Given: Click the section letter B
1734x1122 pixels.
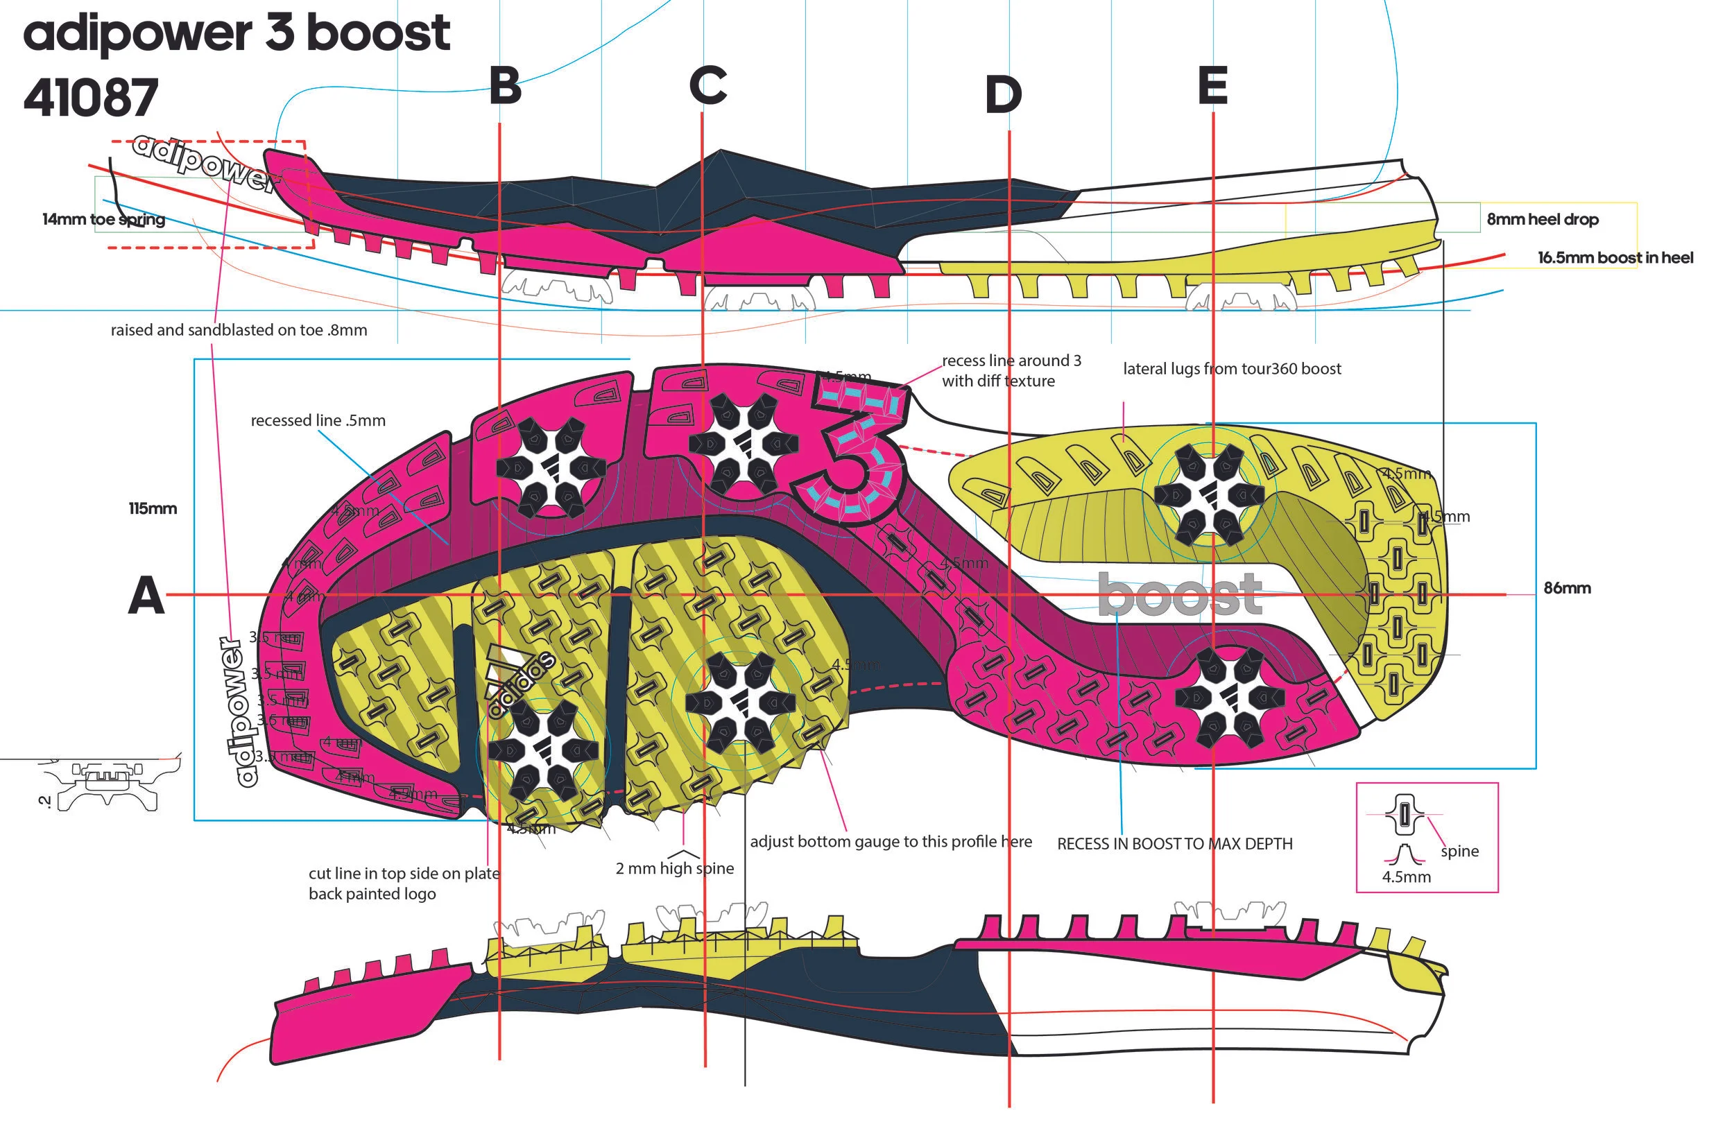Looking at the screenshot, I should pyautogui.click(x=505, y=86).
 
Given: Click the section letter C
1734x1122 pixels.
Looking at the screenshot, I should pyautogui.click(x=707, y=85).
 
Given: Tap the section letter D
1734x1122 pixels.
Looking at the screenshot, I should pyautogui.click(x=1003, y=95).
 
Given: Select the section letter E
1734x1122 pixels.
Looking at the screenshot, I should pyautogui.click(x=1212, y=85).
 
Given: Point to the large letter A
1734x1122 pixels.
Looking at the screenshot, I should pyautogui.click(x=146, y=595).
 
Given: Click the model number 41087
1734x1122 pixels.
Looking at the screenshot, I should pyautogui.click(x=91, y=98).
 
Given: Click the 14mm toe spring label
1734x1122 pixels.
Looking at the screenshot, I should pyautogui.click(x=103, y=219).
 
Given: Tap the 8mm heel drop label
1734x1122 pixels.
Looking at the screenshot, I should pyautogui.click(x=1543, y=219).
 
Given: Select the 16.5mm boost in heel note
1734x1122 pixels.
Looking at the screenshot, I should pyautogui.click(x=1615, y=258).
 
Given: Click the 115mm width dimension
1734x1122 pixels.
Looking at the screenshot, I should pyautogui.click(x=153, y=508).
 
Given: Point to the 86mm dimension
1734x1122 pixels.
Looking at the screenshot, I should pyautogui.click(x=1567, y=588).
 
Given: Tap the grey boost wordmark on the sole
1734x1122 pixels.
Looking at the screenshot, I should pyautogui.click(x=1179, y=595).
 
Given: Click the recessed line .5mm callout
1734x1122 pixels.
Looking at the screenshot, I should pyautogui.click(x=318, y=420).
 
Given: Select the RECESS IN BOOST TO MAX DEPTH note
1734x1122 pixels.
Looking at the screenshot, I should pyautogui.click(x=1174, y=844).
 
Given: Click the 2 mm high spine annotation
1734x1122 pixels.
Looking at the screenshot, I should pyautogui.click(x=675, y=868).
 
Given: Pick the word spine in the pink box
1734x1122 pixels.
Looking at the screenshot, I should pyautogui.click(x=1459, y=851).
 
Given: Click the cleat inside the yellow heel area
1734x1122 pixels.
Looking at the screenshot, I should pyautogui.click(x=1208, y=494).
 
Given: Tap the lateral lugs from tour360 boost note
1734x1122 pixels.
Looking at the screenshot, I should pyautogui.click(x=1231, y=369).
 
